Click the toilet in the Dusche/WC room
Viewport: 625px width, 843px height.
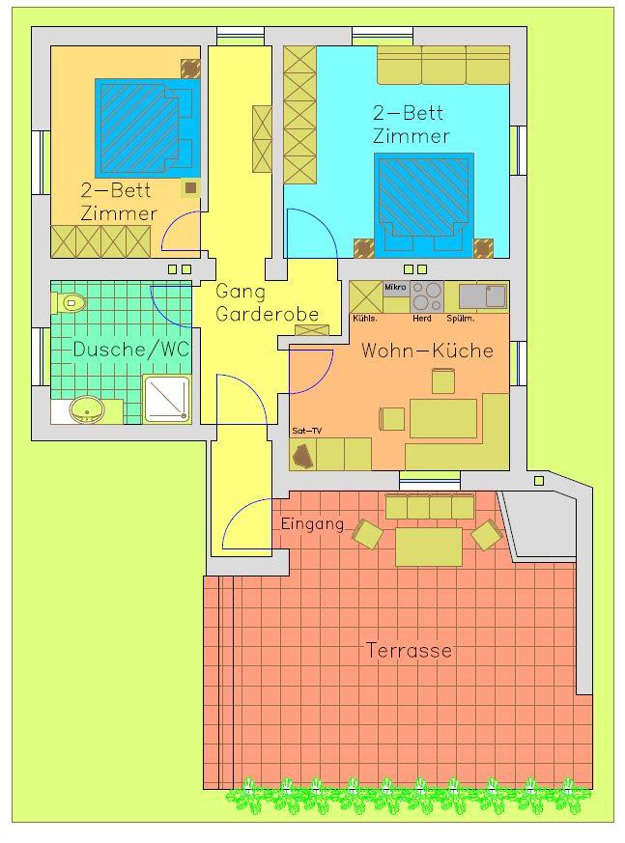pos(70,302)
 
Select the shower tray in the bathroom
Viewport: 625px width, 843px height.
pos(167,399)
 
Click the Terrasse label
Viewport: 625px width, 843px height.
pos(409,651)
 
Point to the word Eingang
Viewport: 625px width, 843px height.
pos(313,524)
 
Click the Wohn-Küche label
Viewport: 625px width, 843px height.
pos(428,351)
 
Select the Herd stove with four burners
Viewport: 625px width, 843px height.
pos(427,296)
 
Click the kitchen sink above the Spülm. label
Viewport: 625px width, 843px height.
pos(483,296)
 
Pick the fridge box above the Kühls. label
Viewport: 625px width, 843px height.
pos(366,296)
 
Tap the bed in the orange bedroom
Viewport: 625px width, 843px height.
pos(146,128)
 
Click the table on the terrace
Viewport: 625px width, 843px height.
pos(429,547)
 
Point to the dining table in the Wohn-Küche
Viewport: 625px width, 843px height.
pos(443,418)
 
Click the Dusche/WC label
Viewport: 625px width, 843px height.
pos(131,350)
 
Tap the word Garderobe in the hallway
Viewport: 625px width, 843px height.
pos(268,314)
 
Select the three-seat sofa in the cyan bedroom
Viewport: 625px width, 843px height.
pos(443,65)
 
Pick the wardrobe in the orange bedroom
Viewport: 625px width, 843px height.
pos(100,242)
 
